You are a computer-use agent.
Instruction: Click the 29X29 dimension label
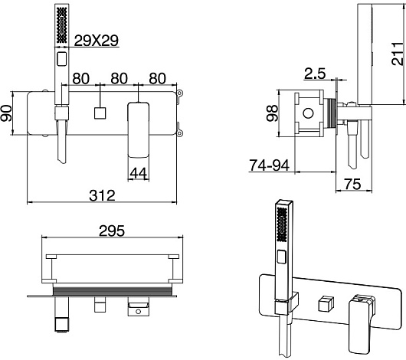pos(97,41)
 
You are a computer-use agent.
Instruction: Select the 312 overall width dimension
pos(102,195)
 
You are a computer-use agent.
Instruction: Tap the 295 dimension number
pos(112,231)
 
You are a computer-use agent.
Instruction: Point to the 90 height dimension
pos(6,113)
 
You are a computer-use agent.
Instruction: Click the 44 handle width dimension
pos(139,173)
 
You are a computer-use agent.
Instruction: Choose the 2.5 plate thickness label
pos(315,74)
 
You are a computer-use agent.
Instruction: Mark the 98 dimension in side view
pos(272,113)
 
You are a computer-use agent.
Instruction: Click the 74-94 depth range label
pos(269,165)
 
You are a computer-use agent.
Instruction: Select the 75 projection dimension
pos(352,184)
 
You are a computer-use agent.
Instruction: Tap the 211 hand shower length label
pos(398,54)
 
